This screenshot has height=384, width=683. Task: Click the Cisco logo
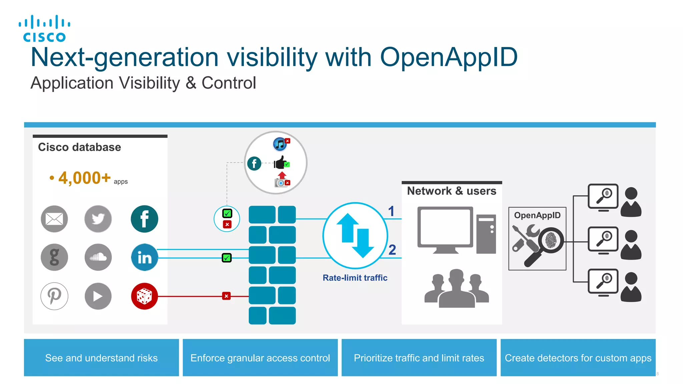click(x=44, y=29)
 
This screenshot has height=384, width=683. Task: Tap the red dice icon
click(x=144, y=296)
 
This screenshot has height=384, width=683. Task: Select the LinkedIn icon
click(x=144, y=257)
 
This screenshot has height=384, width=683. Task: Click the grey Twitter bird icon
click(x=98, y=219)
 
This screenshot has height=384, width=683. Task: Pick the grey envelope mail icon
click(x=54, y=219)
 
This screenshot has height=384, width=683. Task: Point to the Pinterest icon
click(x=54, y=296)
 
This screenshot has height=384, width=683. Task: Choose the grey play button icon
click(x=98, y=296)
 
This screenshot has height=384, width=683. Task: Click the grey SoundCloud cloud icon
click(x=98, y=257)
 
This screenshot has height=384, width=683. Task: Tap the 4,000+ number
click(x=84, y=178)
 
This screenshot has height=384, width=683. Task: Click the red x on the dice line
click(x=226, y=296)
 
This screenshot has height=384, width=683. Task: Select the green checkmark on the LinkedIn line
click(x=227, y=258)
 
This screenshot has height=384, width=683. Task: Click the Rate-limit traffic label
click(x=355, y=278)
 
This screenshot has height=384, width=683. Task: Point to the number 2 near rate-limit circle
click(x=392, y=250)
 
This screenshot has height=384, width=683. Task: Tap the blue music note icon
click(x=280, y=144)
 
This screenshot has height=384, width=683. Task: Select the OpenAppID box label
click(x=537, y=215)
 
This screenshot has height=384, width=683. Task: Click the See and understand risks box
click(x=101, y=358)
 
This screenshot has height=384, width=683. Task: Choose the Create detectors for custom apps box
click(x=578, y=358)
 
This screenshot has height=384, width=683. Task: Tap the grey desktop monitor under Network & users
click(x=445, y=229)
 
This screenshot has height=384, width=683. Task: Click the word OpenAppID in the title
click(x=449, y=57)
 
